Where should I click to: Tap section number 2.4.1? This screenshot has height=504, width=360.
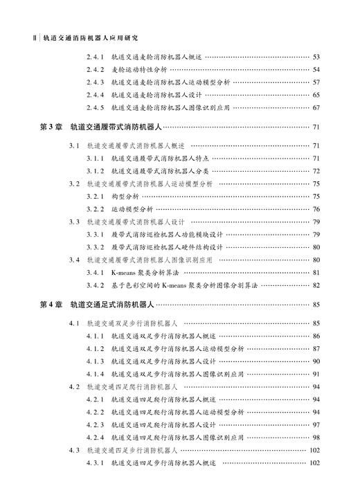pyautogui.click(x=95, y=57)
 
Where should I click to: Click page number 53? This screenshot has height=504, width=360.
pyautogui.click(x=316, y=57)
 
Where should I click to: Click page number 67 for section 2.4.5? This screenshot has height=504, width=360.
pyautogui.click(x=316, y=107)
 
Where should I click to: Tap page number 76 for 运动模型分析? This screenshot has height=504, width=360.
pyautogui.click(x=316, y=209)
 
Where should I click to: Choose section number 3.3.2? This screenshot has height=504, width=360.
pyautogui.click(x=95, y=246)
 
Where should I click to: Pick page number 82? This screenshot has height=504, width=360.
pyautogui.click(x=316, y=285)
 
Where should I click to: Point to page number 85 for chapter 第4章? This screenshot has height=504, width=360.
pyautogui.click(x=316, y=304)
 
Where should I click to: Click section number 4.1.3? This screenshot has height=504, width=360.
pyautogui.click(x=95, y=361)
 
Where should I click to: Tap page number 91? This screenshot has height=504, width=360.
pyautogui.click(x=316, y=374)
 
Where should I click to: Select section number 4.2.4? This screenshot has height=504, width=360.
pyautogui.click(x=95, y=438)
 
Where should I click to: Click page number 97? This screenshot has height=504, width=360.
pyautogui.click(x=316, y=424)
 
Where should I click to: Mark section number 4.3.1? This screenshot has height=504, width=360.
pyautogui.click(x=95, y=463)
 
